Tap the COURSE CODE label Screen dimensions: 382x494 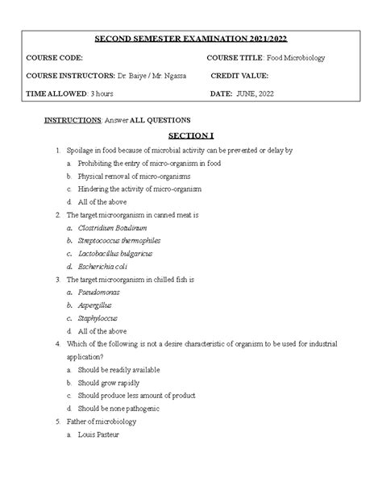pyautogui.click(x=54, y=59)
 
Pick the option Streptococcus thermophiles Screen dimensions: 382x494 pyautogui.click(x=119, y=240)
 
